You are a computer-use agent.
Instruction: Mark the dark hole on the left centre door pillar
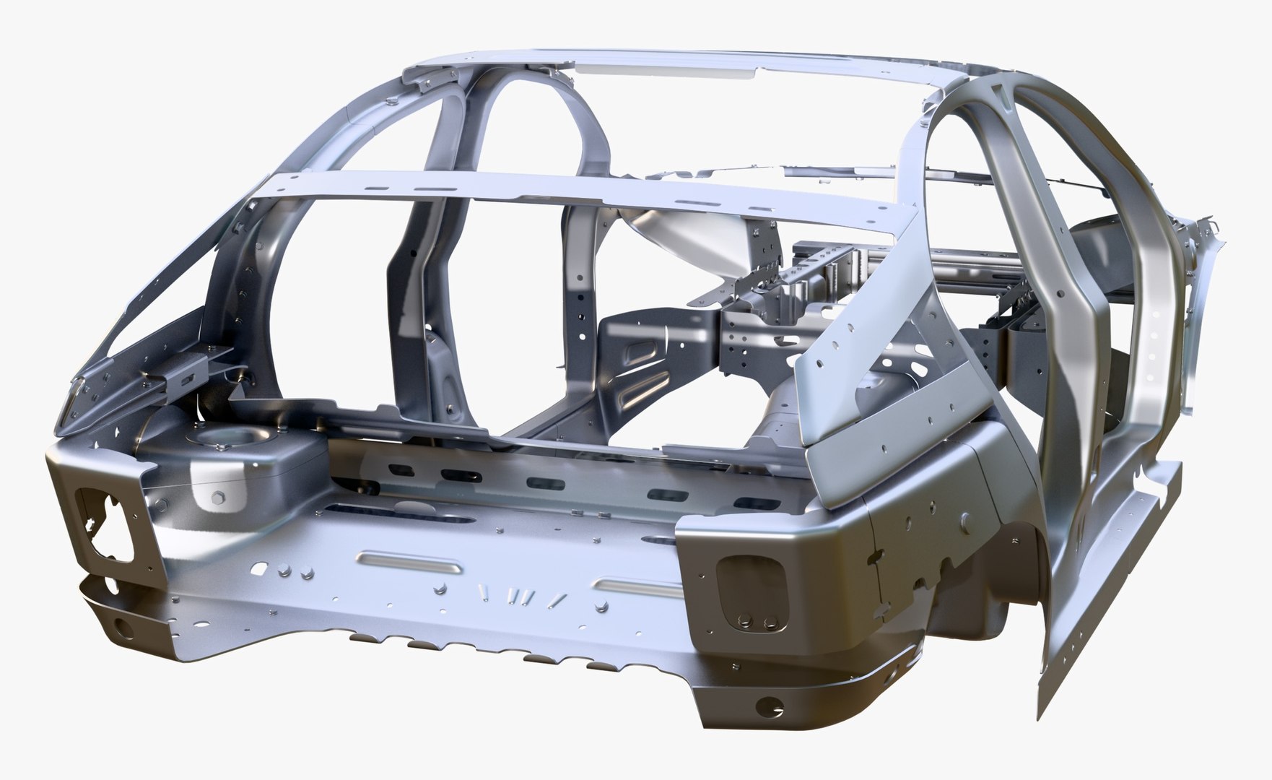413,254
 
